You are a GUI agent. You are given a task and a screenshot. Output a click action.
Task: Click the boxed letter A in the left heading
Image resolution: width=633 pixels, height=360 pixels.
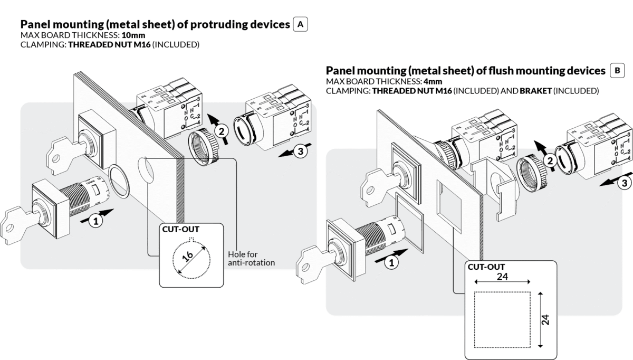[x=301, y=24]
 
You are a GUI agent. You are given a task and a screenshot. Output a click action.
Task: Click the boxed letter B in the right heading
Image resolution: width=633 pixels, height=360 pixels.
[x=617, y=70]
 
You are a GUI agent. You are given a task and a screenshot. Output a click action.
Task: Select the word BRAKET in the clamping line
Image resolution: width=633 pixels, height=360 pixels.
[x=535, y=91]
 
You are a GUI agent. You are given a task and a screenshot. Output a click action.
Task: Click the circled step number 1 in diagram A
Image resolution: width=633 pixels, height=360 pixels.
[x=95, y=222]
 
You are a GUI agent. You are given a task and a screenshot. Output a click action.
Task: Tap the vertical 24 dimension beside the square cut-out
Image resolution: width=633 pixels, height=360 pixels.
[x=546, y=320]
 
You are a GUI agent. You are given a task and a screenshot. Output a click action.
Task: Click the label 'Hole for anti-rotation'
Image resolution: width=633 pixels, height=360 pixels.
[x=251, y=258]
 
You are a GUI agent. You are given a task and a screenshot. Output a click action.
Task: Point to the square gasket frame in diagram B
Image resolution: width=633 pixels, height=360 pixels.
[x=409, y=227]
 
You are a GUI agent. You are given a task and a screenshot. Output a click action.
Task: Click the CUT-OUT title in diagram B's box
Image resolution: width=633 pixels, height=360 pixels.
[x=485, y=267]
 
